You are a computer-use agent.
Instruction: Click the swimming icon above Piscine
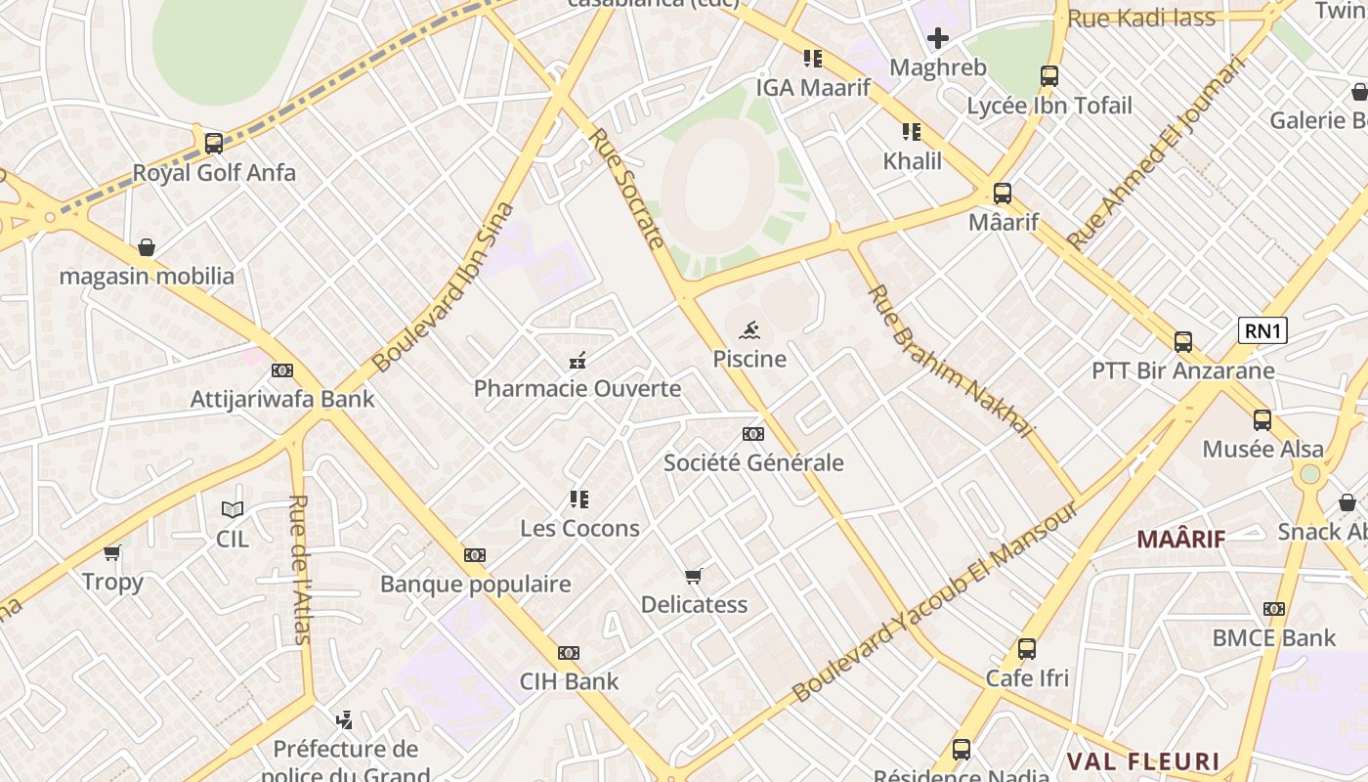pyautogui.click(x=749, y=329)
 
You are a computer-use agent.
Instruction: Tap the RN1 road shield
pyautogui.click(x=1262, y=331)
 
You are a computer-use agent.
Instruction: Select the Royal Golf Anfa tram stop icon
pyautogui.click(x=214, y=144)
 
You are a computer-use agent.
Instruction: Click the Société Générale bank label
pyautogui.click(x=753, y=462)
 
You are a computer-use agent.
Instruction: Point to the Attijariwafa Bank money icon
pyautogui.click(x=282, y=370)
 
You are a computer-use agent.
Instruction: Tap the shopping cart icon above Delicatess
pyautogui.click(x=694, y=576)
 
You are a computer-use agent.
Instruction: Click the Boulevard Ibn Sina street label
pyautogui.click(x=444, y=287)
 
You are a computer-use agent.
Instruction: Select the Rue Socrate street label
pyautogui.click(x=627, y=190)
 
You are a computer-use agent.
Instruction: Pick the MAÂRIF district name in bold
pyautogui.click(x=1180, y=539)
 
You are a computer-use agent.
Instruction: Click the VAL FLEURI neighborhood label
pyautogui.click(x=1143, y=761)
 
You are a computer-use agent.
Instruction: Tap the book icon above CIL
pyautogui.click(x=233, y=509)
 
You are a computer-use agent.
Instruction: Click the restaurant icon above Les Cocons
pyautogui.click(x=579, y=500)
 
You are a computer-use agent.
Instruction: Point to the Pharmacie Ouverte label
pyautogui.click(x=577, y=389)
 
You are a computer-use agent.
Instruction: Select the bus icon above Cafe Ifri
pyautogui.click(x=1027, y=649)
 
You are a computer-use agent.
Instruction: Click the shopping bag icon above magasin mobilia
pyautogui.click(x=147, y=247)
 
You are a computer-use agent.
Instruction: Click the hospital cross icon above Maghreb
pyautogui.click(x=938, y=38)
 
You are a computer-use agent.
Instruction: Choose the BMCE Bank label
pyautogui.click(x=1273, y=638)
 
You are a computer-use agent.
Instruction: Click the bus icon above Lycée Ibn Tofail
pyautogui.click(x=1049, y=76)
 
